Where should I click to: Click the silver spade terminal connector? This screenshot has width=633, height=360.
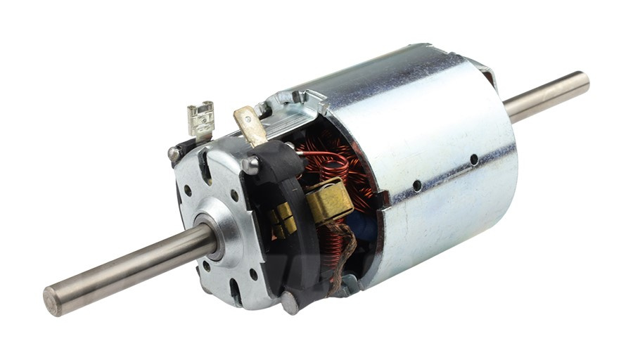coord(200,119)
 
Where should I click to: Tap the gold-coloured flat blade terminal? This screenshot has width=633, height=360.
coord(250,124)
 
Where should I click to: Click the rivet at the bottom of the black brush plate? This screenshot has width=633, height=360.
coord(289,302)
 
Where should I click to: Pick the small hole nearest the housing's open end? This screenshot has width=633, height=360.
coord(417,186)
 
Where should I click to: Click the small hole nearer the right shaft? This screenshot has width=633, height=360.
coord(474,160)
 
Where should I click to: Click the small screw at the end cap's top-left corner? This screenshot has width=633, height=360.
coord(173,153)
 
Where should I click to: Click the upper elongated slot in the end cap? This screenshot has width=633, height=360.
coord(204,169)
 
